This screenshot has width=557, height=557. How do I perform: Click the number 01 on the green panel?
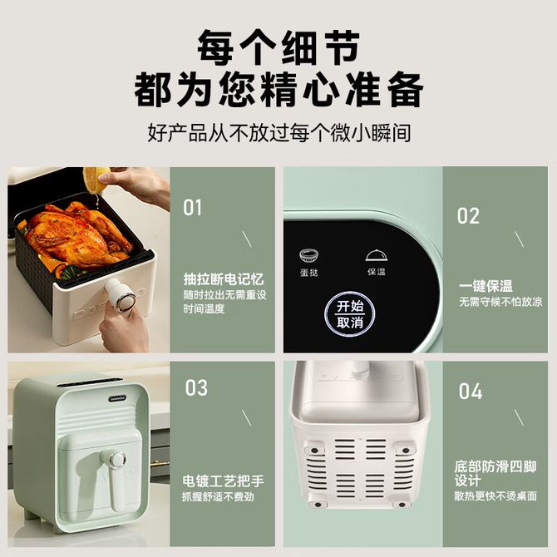click(x=192, y=208)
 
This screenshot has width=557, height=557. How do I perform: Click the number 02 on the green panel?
click(x=468, y=215)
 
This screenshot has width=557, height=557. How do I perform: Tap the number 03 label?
click(x=196, y=387)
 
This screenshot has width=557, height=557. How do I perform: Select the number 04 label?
click(x=471, y=391)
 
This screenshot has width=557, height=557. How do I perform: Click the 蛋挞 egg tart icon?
click(x=308, y=255)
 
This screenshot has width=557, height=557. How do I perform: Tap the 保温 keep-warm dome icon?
click(x=377, y=255)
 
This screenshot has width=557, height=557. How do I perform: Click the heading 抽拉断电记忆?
click(x=224, y=278)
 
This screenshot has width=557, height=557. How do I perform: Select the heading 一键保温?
click(x=486, y=286)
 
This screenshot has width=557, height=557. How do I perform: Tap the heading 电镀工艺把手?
click(x=223, y=481)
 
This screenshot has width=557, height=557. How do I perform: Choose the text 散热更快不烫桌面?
click(x=495, y=496)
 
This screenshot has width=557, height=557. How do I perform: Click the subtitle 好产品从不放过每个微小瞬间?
click(x=278, y=133)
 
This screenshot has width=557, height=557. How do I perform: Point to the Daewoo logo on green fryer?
click(x=117, y=398)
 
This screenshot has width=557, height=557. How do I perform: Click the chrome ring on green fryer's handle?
click(x=117, y=459)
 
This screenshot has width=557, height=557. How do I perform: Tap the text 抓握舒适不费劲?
click(x=218, y=496)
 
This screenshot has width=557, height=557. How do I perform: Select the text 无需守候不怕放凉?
click(x=500, y=302)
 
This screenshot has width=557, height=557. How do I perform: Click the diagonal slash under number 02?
click(x=519, y=239)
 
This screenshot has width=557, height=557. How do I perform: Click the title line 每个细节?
click(x=278, y=47)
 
